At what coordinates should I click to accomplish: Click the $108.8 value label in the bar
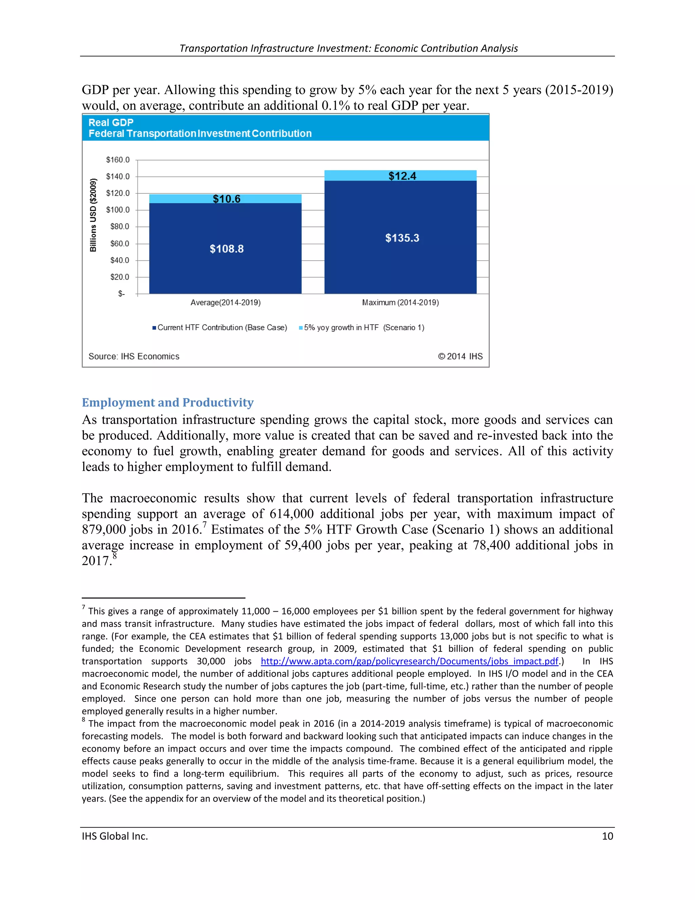(x=226, y=249)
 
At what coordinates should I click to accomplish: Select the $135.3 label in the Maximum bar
(x=402, y=238)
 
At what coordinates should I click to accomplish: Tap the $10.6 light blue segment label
(x=226, y=199)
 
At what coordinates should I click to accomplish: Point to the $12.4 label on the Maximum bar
(x=402, y=176)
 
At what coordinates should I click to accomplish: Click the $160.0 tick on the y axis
(x=118, y=160)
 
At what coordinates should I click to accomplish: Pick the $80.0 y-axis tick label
(x=119, y=227)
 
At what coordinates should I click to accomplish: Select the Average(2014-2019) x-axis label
(x=225, y=303)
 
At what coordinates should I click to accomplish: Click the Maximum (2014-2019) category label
(x=400, y=303)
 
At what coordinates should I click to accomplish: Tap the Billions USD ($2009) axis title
(x=93, y=215)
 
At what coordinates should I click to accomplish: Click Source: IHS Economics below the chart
(x=134, y=357)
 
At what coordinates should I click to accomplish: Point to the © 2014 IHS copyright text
(x=460, y=357)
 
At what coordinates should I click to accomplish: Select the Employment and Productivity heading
(x=168, y=402)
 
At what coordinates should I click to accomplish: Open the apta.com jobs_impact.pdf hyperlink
(x=409, y=661)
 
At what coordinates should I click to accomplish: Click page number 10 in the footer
(x=607, y=836)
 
